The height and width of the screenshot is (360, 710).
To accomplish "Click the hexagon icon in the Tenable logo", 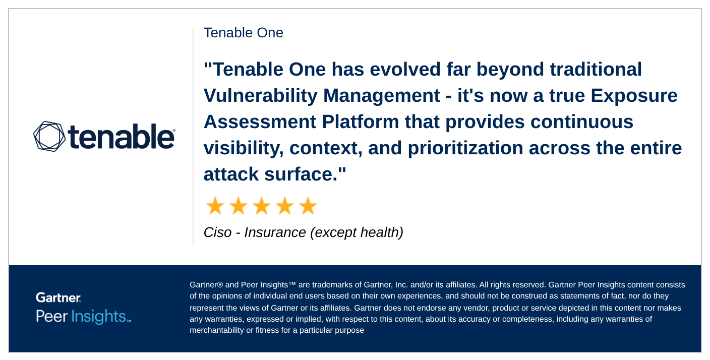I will tap(49, 136).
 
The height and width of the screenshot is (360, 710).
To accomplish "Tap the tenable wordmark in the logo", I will tap(121, 137).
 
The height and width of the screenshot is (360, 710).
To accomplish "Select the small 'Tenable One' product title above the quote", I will tap(243, 33).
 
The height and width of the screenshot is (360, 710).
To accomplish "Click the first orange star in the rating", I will tap(215, 206).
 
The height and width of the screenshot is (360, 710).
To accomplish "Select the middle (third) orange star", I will tap(261, 206).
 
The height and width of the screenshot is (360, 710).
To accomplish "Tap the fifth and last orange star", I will tap(308, 206).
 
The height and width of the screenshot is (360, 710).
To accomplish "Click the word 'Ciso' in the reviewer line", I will tap(217, 232).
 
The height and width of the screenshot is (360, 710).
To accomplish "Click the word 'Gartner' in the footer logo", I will tap(58, 297).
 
